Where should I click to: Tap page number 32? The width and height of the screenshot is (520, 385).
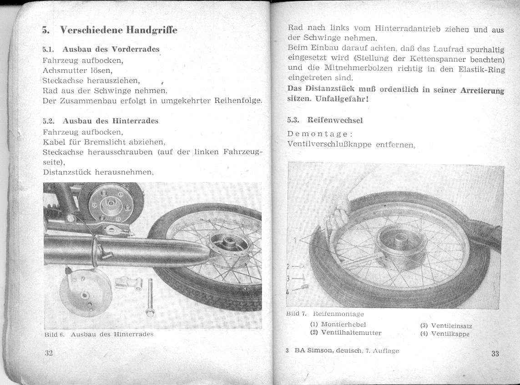pyautogui.click(x=49, y=354)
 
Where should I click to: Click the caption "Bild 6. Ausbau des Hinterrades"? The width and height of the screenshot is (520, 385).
pyautogui.click(x=99, y=334)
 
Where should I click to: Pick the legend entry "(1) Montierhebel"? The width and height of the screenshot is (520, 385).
pyautogui.click(x=338, y=324)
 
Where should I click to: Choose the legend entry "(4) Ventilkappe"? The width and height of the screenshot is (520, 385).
pyautogui.click(x=445, y=334)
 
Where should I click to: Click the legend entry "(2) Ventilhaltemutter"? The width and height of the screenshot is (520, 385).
pyautogui.click(x=346, y=333)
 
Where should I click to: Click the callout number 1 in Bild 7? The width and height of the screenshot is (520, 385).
pyautogui.click(x=295, y=239)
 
